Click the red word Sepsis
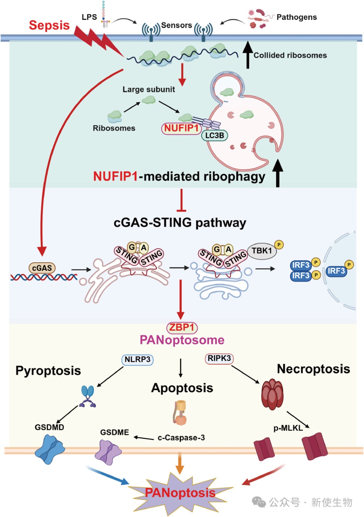[x=49, y=25]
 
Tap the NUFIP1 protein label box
[x=181, y=128]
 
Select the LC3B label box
[x=214, y=135]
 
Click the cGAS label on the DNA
[x=42, y=268]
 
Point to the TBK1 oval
[x=261, y=251]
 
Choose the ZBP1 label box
[x=182, y=327]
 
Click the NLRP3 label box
[x=137, y=360]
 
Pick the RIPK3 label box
[x=219, y=358]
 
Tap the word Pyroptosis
[x=48, y=371]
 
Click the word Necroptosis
[x=313, y=369]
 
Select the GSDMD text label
[x=49, y=427]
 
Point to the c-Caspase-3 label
[x=181, y=438]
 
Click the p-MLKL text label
[x=288, y=428]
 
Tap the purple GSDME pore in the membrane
[x=108, y=452]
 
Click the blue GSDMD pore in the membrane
[x=50, y=450]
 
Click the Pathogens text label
[x=297, y=17]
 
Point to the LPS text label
[x=89, y=17]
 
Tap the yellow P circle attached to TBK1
[x=279, y=245]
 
